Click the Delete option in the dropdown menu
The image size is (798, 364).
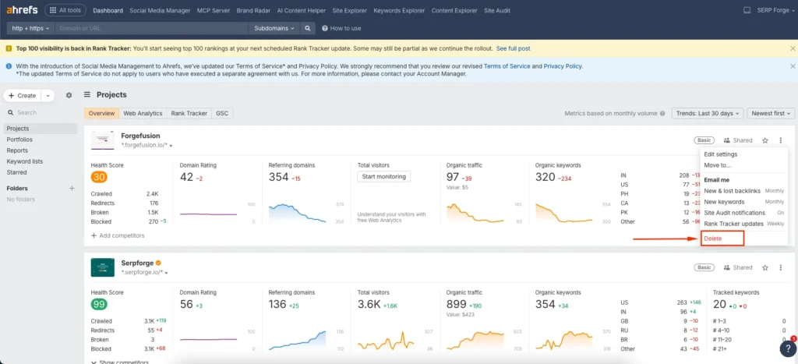point(712,239)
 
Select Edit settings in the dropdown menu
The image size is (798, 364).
point(721,154)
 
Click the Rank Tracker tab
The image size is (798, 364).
point(189,113)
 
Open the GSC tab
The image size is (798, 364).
point(222,113)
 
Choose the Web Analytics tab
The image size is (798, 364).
point(143,113)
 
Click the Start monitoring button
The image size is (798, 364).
point(384,176)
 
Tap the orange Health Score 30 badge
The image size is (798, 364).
point(99,177)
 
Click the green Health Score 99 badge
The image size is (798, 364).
point(99,303)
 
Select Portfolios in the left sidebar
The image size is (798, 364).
point(19,140)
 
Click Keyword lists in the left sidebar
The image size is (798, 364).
point(24,161)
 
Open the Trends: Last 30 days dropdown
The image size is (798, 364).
point(707,113)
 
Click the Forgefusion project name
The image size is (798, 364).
point(140,136)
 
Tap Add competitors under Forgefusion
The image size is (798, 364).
point(118,235)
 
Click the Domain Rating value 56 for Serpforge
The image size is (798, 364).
point(186,303)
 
